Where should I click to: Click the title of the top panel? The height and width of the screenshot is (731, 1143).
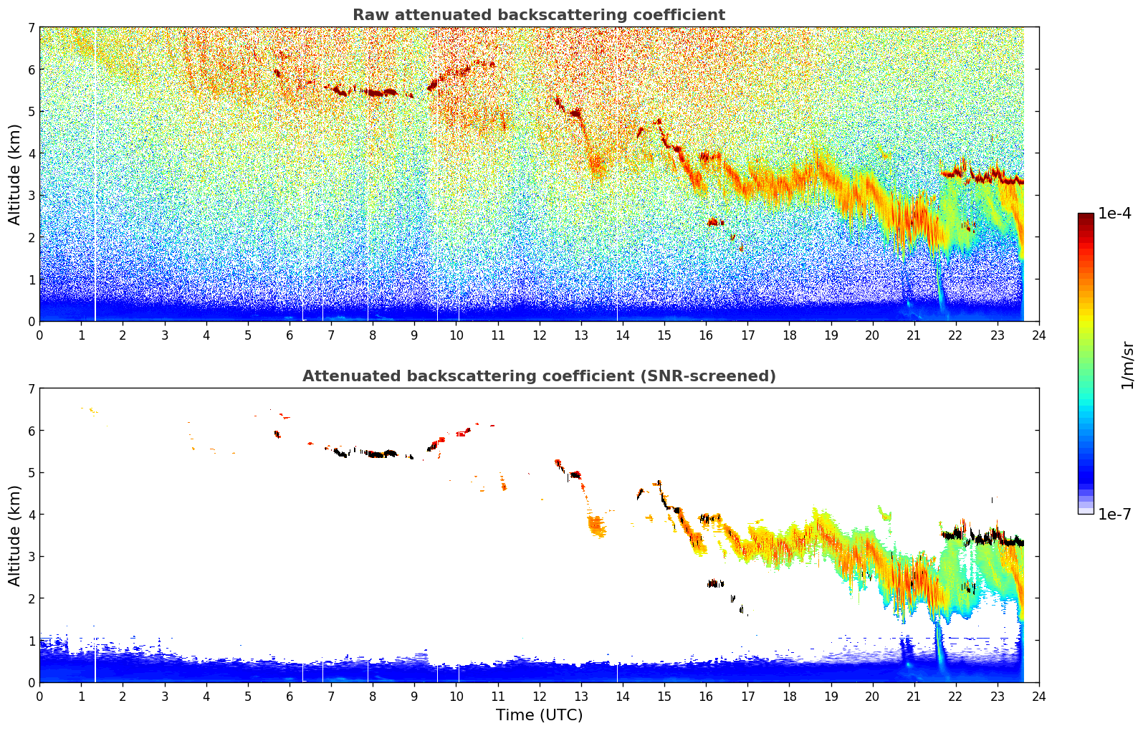tap(539, 15)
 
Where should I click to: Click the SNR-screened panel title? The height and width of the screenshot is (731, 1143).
tap(539, 376)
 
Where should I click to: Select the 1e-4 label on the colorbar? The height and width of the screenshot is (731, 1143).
tap(1114, 213)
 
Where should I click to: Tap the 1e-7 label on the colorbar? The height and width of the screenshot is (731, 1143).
tap(1114, 514)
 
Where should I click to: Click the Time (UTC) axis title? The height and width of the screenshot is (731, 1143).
tap(539, 715)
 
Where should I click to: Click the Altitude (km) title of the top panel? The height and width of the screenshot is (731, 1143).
tap(14, 175)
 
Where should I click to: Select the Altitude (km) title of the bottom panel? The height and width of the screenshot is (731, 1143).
tap(14, 535)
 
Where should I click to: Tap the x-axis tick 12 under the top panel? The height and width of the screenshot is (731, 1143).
tap(540, 335)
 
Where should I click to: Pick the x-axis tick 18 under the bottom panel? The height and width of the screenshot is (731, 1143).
tap(790, 697)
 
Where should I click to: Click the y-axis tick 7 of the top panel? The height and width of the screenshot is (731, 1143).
tap(31, 27)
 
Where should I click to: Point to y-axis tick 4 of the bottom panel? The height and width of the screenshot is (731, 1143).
tap(31, 514)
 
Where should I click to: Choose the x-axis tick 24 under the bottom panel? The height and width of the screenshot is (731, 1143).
tap(1039, 697)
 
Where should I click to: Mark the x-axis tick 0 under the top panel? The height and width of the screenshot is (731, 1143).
tap(40, 335)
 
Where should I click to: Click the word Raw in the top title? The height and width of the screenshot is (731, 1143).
tap(371, 15)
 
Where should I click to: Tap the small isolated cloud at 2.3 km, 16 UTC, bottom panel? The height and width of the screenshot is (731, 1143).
tap(715, 583)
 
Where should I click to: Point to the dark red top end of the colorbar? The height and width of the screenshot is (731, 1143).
tap(1086, 216)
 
